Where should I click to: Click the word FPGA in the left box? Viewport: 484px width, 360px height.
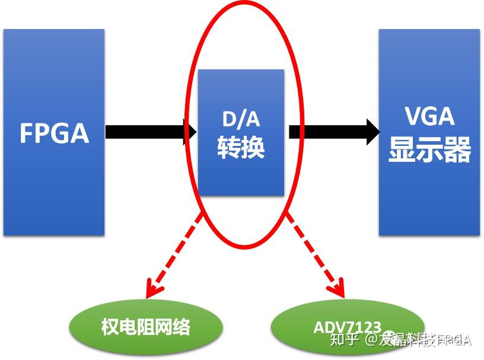(54, 133)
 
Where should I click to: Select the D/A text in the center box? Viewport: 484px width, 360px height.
(241, 119)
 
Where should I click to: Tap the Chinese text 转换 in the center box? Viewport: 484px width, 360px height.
(241, 147)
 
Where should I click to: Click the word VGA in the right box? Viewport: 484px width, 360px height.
(429, 116)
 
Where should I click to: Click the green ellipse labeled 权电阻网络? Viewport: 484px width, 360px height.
(146, 326)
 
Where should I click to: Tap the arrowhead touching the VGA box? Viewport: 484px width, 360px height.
(372, 131)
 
